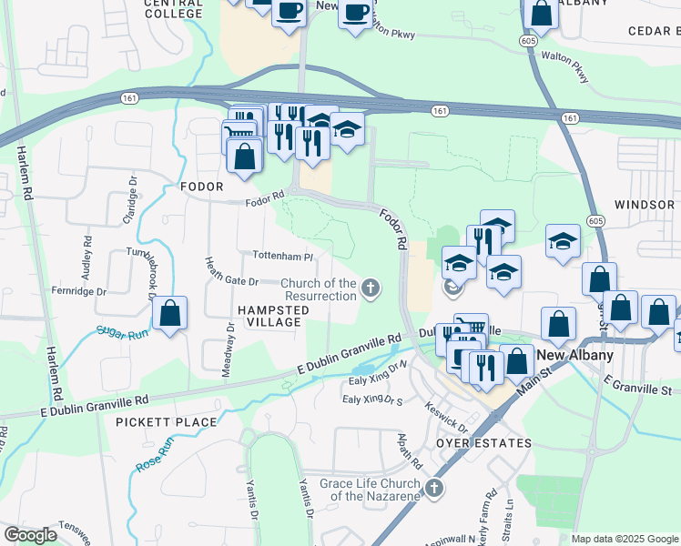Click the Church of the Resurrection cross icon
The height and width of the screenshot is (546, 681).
point(370,289)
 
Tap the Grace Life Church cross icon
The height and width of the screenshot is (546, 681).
point(433,489)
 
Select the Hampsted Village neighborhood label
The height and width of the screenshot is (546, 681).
point(269,317)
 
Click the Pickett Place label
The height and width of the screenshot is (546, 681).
point(167,422)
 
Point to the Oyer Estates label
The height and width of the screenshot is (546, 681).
point(483,443)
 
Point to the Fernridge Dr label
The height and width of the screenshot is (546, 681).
point(79,292)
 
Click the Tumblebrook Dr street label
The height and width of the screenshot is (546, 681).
point(146,274)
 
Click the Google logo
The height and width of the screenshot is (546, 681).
point(31,535)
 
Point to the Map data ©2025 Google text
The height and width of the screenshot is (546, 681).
point(625,539)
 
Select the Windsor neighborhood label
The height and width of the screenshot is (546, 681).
point(645,205)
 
